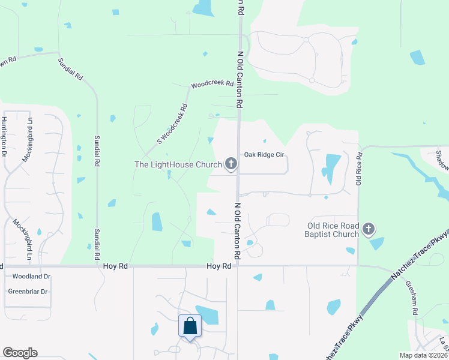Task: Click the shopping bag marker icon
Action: pos(190,326)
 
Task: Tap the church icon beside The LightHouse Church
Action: pos(231,163)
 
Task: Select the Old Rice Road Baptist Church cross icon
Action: pos(369,229)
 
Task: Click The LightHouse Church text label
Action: pos(178,164)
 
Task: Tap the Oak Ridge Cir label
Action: pos(264,155)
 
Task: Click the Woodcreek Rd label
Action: pos(212,85)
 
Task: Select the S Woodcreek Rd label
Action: pos(173,124)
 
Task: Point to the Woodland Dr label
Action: pos(29,277)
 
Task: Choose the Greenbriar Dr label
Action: pos(28,292)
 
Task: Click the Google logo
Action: pos(20,353)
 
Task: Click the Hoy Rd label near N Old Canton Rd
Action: pos(218,266)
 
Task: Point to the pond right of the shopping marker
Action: pos(208,314)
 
